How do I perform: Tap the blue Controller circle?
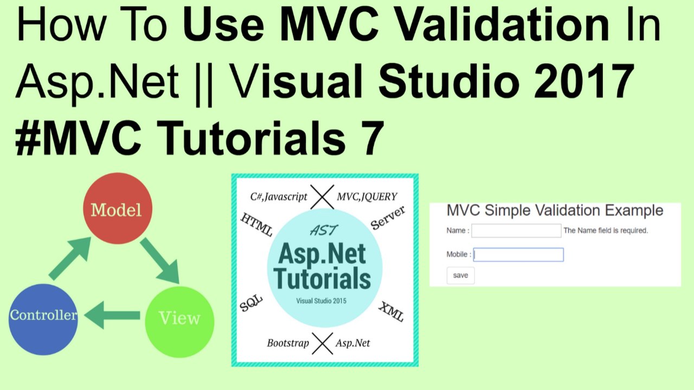[x=43, y=318]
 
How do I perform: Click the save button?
[x=460, y=275]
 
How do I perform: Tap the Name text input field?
[x=516, y=231]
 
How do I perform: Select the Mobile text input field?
[x=518, y=255]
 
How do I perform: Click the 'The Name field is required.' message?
[x=606, y=231]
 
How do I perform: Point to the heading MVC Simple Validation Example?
[x=554, y=210]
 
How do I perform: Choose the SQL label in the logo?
[x=251, y=304]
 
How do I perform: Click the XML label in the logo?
[x=391, y=312]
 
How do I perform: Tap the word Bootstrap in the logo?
[x=288, y=343]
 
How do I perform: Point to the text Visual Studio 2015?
[x=321, y=301]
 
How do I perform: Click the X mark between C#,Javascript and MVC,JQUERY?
[x=322, y=197]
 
